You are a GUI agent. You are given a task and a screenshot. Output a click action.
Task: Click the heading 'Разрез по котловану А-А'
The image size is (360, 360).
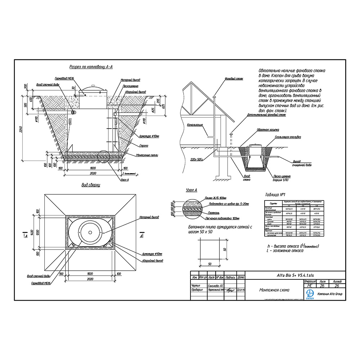pos(91,67)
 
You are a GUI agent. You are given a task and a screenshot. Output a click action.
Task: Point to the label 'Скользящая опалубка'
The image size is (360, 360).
pos(288,137)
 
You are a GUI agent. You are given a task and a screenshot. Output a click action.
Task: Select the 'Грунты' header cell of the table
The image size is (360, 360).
pos(273,204)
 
